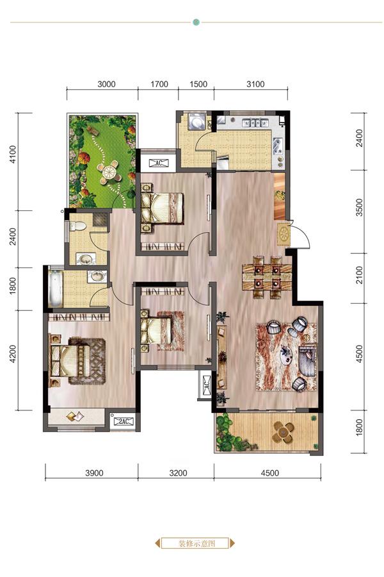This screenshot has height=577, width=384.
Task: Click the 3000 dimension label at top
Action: pyautogui.click(x=107, y=84)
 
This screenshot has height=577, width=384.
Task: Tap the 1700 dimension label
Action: pyautogui.click(x=159, y=84)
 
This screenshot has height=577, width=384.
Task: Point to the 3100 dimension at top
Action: pyautogui.click(x=255, y=84)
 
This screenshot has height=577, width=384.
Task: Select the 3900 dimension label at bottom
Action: pyautogui.click(x=95, y=473)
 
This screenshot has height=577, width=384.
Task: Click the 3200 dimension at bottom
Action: pyautogui.click(x=178, y=473)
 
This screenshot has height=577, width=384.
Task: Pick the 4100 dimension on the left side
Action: pyautogui.click(x=13, y=155)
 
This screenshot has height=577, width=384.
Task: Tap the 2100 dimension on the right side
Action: pyautogui.click(x=359, y=275)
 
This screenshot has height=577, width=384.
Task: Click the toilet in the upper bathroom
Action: pyautogui.click(x=77, y=226)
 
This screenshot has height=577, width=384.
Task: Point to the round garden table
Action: pyautogui.click(x=109, y=171)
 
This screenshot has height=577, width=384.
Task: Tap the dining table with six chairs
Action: pyautogui.click(x=267, y=277)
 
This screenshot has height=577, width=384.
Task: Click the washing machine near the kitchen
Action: pyautogui.click(x=196, y=122)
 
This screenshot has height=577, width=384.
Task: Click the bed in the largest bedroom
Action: pyautogui.click(x=70, y=360)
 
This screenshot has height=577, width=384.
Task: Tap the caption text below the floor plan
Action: pyautogui.click(x=197, y=543)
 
